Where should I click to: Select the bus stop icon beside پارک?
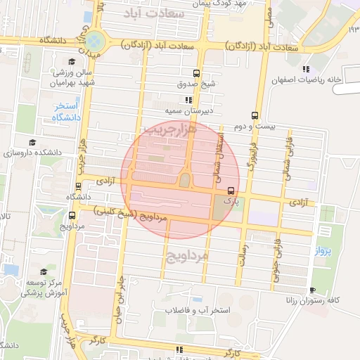pyautogui.click(x=231, y=191)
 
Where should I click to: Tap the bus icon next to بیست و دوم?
pyautogui.click(x=255, y=116)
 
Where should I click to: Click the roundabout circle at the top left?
pyautogui.click(x=94, y=39)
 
